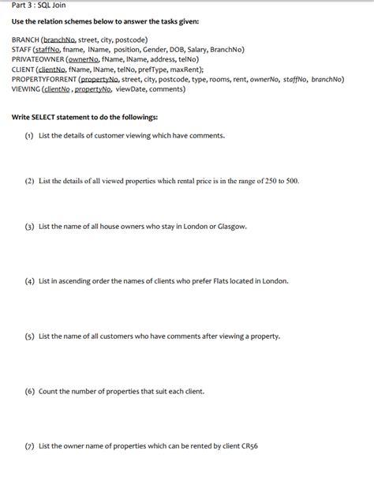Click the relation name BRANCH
[x=26, y=39]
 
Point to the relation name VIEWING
[x=27, y=88]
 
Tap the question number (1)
[x=28, y=135]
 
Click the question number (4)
[x=28, y=280]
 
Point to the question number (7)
[x=28, y=445]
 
